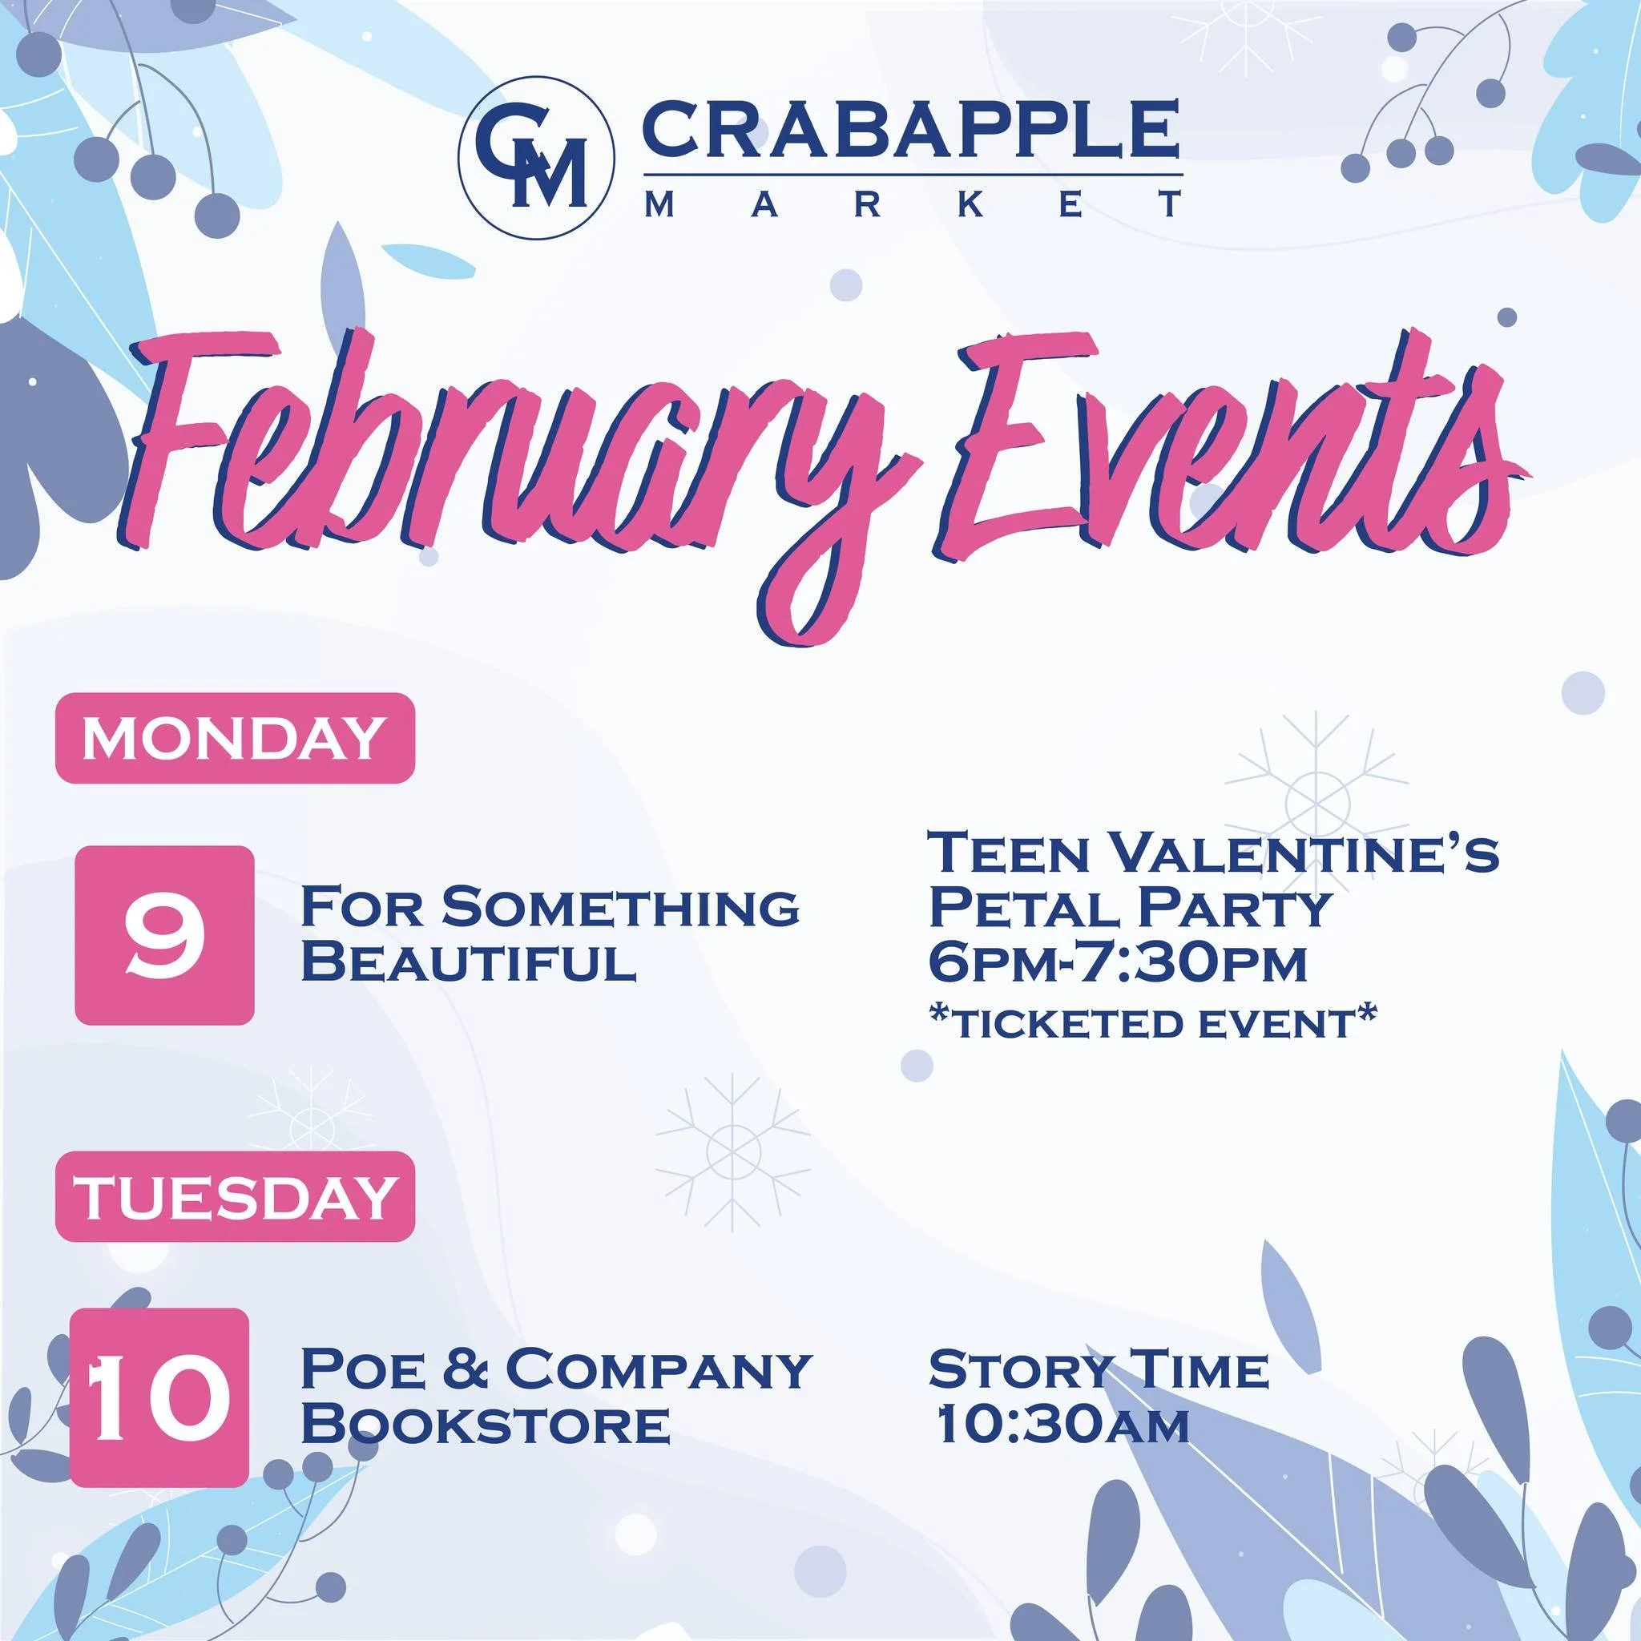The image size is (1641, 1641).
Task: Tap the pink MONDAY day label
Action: click(235, 738)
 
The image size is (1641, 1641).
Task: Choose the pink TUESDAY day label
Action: click(235, 1197)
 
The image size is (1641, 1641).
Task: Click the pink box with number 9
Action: click(164, 935)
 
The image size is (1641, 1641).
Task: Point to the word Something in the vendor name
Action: click(620, 908)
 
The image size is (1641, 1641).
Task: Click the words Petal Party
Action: click(1128, 908)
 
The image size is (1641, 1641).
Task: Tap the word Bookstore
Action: click(486, 1425)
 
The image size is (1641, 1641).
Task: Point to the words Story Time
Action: click(1099, 1370)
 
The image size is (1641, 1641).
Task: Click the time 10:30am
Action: click(1062, 1425)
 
